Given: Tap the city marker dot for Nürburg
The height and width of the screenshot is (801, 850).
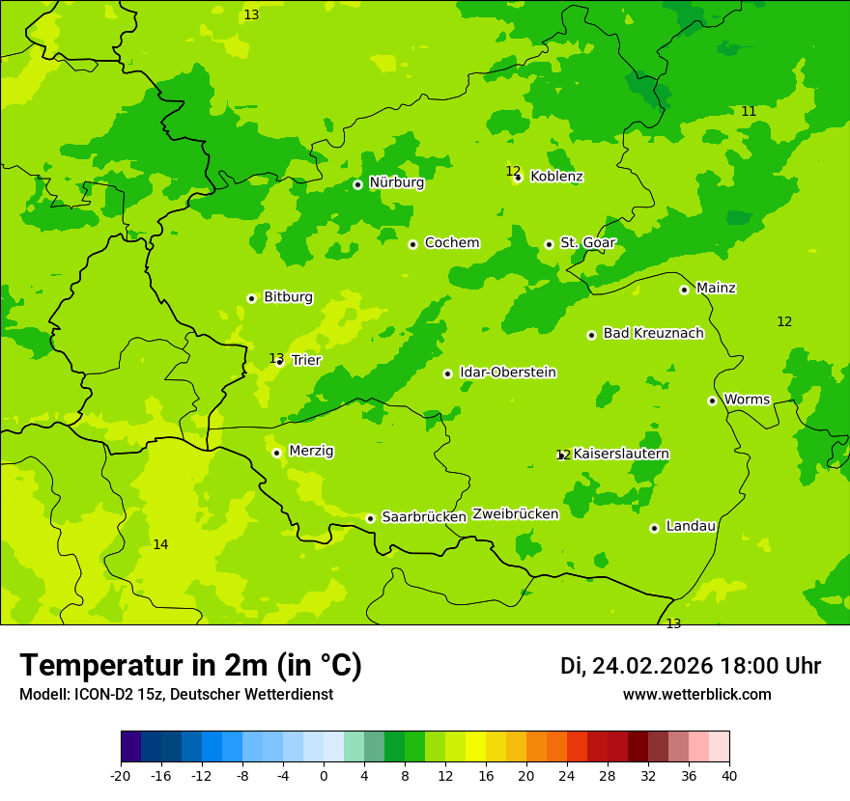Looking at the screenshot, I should (x=357, y=184).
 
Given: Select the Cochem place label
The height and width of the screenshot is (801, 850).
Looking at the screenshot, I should (x=452, y=243).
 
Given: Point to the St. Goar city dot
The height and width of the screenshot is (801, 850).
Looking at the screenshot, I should (x=549, y=244).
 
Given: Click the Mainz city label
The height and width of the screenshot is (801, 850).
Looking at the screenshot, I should (x=716, y=288).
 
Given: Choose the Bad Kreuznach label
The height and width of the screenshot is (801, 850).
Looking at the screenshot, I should (x=653, y=333).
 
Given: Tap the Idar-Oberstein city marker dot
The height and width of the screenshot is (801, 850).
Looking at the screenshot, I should (x=447, y=373).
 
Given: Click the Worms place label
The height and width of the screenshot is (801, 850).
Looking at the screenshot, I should (x=747, y=400).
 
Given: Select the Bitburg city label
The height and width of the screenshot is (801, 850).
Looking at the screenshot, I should (x=288, y=297).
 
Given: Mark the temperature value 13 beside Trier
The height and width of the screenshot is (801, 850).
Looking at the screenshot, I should (x=275, y=358).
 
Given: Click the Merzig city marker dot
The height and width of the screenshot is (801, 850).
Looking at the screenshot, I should (x=276, y=453).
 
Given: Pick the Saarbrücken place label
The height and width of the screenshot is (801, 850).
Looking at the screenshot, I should (x=424, y=517).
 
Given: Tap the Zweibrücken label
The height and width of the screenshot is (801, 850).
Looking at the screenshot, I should (x=515, y=514).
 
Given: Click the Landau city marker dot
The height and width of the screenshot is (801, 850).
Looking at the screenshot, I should (x=654, y=528).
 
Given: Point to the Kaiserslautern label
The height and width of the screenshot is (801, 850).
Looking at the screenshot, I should (x=621, y=454).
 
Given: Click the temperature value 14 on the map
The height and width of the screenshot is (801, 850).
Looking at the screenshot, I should (x=160, y=545).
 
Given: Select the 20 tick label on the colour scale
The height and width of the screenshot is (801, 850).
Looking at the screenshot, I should (x=525, y=776).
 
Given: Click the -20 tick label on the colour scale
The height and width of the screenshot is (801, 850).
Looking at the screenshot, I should (x=121, y=776).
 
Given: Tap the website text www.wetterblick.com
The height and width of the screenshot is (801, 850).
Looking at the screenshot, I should (x=696, y=695).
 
